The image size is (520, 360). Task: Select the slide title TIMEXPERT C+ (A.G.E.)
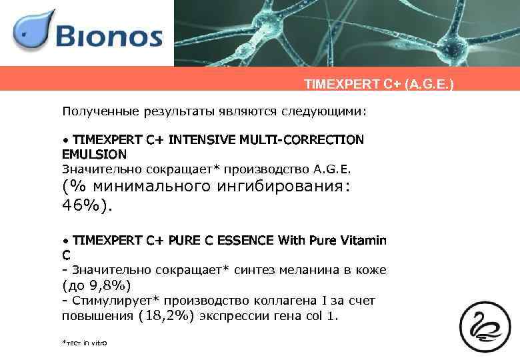pyautogui.click(x=378, y=85)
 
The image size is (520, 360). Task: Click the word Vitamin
pyautogui.click(x=363, y=240)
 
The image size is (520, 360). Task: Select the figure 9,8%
pyautogui.click(x=112, y=285)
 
